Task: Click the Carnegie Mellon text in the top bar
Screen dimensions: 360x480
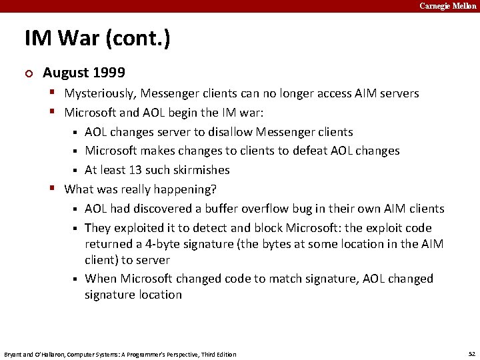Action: click(447, 6)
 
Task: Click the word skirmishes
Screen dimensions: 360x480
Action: click(198, 169)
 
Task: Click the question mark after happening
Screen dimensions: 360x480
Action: click(214, 189)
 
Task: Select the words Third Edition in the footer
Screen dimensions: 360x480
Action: click(217, 354)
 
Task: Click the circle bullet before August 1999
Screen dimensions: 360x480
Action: click(28, 73)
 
